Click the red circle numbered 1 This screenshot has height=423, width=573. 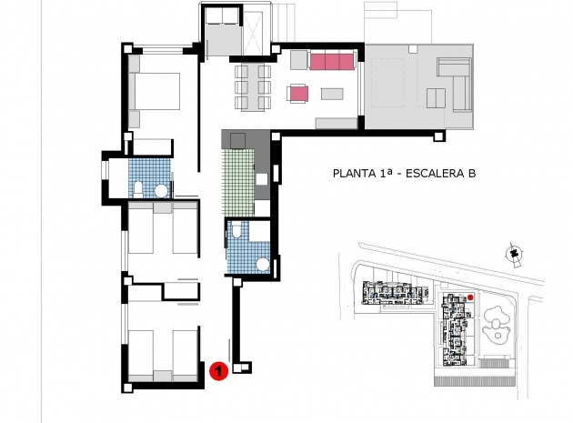pos(217,371)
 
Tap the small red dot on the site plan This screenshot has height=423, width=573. pos(471,297)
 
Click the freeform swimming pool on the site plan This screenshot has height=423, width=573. pos(499,323)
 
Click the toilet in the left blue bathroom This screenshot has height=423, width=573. pos(136,188)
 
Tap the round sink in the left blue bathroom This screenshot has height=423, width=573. pos(160,190)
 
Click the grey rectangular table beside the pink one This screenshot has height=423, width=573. pos(330,93)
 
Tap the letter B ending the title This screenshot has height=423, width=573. pos(471,173)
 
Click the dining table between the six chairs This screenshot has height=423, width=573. pos(253,87)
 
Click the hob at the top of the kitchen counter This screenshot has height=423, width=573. pos(239,140)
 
